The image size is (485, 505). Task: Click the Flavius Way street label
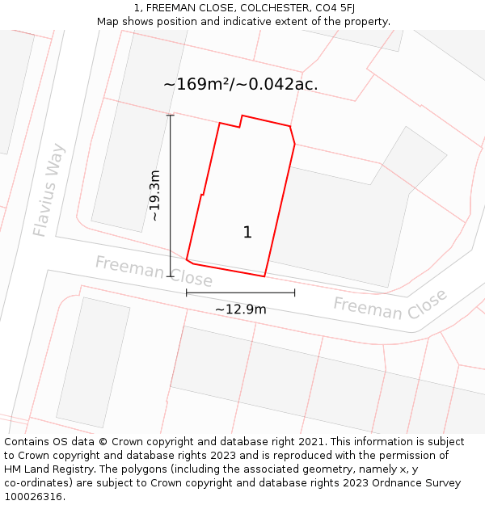pos(48,191)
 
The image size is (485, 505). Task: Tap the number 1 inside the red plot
pos(247,233)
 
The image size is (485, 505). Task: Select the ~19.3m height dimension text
pos(155,196)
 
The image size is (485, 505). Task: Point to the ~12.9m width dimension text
pos(240,309)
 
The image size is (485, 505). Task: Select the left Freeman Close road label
pos(154,271)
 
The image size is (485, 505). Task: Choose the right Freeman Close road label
pos(390,305)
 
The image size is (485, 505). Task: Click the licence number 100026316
pos(35,497)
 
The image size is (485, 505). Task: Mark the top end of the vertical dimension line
pos(170,116)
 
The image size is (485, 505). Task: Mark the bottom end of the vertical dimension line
pos(170,276)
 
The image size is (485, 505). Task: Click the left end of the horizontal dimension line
pos(187,292)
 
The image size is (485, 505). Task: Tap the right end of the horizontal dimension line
pos(294,292)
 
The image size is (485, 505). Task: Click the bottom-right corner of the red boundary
pos(264,276)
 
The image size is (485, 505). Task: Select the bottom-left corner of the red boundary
pos(187,260)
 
